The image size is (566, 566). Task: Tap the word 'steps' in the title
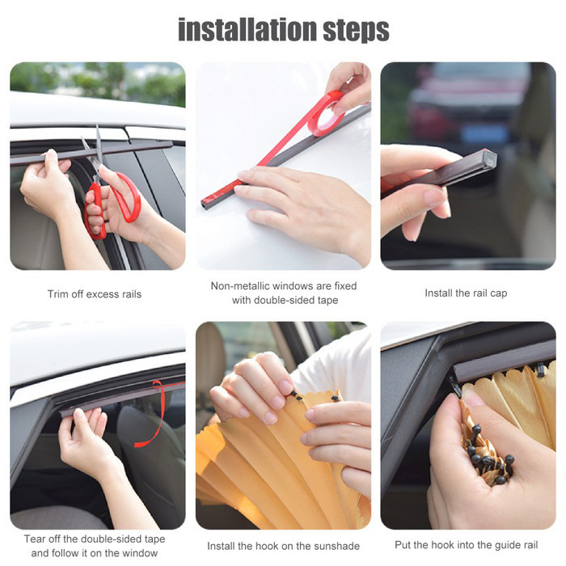(x=356, y=31)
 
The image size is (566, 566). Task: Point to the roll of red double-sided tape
(x=326, y=113)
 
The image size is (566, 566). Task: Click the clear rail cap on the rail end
(x=489, y=158)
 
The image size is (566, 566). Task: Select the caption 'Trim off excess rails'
(x=95, y=294)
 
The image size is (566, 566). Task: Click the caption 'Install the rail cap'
(x=466, y=293)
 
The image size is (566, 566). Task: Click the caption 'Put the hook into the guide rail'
(x=467, y=545)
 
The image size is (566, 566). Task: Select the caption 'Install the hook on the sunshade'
(x=283, y=546)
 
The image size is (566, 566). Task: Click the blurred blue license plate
(x=484, y=133)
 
